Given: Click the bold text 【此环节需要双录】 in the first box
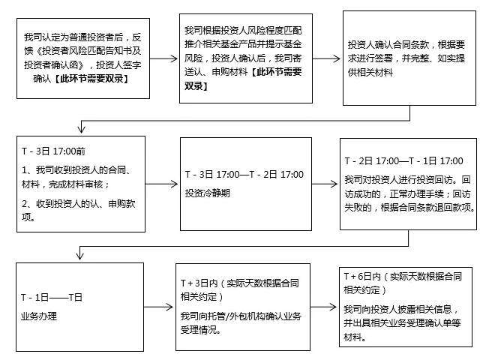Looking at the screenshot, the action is click(91, 79).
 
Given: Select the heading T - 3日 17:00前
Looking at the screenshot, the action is click(53, 151).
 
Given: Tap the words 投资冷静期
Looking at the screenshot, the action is click(208, 193).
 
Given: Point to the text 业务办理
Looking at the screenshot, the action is click(39, 316).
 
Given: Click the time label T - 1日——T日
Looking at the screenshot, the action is click(52, 297).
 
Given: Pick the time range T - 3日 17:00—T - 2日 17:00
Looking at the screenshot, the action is click(244, 175).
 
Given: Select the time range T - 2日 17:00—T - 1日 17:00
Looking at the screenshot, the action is click(403, 161).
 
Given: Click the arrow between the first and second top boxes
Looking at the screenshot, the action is click(163, 58).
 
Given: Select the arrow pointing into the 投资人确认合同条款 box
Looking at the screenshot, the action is click(326, 58).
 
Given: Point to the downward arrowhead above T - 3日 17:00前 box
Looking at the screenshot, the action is click(82, 128).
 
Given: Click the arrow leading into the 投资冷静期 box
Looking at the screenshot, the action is click(161, 184).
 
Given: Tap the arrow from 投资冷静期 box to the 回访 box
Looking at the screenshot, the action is click(325, 184).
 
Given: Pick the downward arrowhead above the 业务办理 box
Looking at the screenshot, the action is click(79, 254).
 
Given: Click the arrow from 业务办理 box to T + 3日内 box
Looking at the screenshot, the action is click(158, 307).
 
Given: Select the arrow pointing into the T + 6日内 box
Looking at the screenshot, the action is click(323, 307).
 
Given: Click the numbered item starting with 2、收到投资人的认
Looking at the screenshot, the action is click(79, 211).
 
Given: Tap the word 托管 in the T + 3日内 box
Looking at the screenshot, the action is click(217, 316).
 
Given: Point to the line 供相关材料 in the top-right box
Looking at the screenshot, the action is click(370, 72).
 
